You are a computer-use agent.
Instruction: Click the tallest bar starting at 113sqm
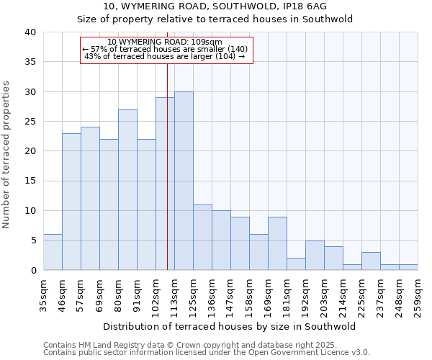[184, 181]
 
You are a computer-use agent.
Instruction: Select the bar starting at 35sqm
[53, 252]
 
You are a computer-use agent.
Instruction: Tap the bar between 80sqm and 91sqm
[127, 190]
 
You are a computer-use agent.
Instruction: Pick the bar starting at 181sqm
[296, 264]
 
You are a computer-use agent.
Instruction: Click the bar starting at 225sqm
[371, 261]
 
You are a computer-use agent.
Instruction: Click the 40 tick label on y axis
[30, 32]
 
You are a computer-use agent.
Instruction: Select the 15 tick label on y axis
[30, 181]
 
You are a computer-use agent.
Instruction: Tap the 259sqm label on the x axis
[418, 297]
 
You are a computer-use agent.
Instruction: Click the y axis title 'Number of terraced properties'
[7, 155]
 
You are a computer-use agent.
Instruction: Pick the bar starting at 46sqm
[71, 202]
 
